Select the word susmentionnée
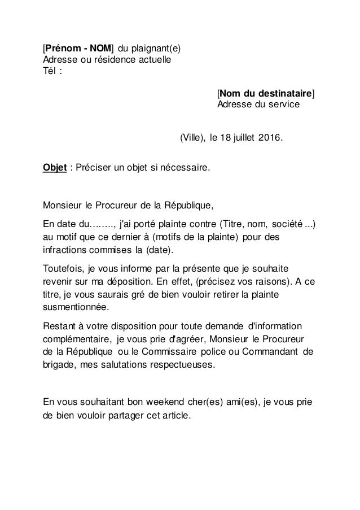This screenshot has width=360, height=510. pyautogui.click(x=78, y=307)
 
